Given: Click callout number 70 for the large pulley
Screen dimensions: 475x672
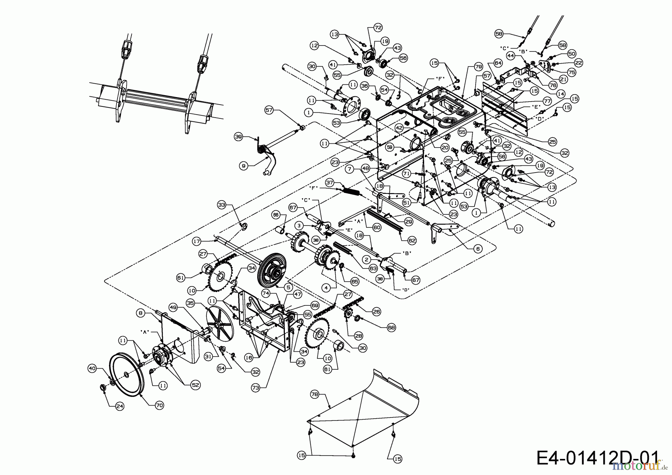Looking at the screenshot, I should [159, 405].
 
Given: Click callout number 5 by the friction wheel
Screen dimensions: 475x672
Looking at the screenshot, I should [287, 288].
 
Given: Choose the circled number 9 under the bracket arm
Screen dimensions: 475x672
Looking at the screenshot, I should [243, 165].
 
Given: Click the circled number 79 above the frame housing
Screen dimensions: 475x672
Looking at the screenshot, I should [478, 66].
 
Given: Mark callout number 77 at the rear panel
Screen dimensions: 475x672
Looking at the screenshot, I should [547, 101].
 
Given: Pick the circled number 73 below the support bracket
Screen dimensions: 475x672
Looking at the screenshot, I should [255, 388].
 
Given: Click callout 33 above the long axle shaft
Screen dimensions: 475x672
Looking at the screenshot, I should [222, 205].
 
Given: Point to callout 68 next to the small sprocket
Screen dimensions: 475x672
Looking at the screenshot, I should [391, 327].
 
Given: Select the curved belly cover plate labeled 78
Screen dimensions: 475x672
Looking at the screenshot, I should [366, 403].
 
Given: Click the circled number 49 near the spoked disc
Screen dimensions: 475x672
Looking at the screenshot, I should [173, 308].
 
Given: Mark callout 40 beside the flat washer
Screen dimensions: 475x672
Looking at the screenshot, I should [92, 369].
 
